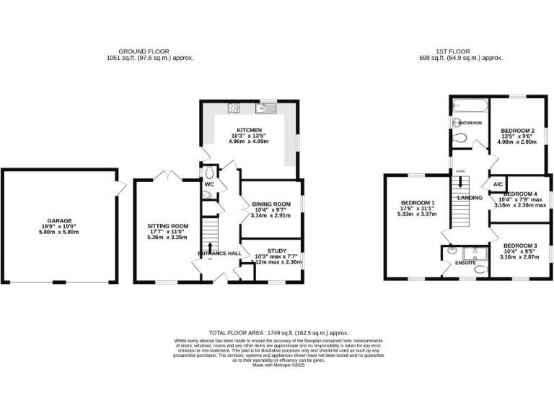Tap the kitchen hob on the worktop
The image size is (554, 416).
point(234,109)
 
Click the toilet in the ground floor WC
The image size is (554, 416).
point(210,173)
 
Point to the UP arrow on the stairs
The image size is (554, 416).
point(210,250)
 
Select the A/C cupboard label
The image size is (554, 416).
point(498,185)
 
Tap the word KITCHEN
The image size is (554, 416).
point(248,130)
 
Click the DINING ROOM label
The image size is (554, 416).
point(272,204)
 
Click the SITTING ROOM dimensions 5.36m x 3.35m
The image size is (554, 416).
point(162,237)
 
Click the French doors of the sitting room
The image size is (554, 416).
point(167,175)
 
